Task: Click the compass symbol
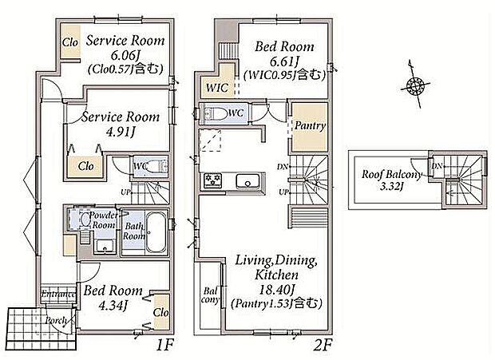415,85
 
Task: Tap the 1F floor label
164,346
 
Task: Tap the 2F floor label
323,346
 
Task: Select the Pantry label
310,125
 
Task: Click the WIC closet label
217,87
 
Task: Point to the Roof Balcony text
391,174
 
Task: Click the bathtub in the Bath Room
156,232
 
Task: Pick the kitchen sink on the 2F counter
247,182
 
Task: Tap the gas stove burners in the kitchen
212,180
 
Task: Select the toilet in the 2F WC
216,113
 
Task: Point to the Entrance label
59,295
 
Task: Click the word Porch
57,321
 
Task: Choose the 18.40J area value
277,289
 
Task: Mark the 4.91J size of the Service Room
121,132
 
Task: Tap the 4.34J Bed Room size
113,305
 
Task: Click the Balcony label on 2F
210,295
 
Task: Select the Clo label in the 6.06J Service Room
69,42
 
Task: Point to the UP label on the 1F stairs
125,192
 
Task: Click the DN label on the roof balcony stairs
437,166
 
